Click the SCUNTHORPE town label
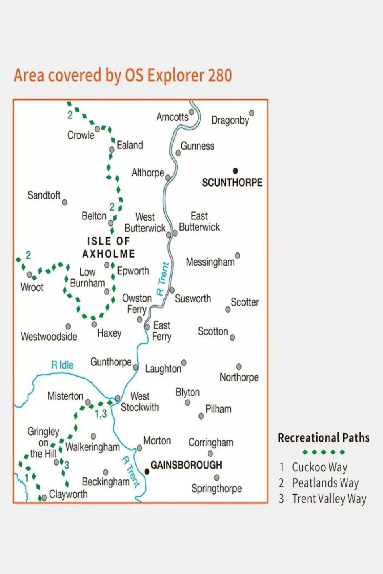[x=232, y=183]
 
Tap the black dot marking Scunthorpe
[x=235, y=171]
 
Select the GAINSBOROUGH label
[x=186, y=465]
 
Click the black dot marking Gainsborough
[x=147, y=471]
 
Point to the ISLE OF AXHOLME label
[x=109, y=247]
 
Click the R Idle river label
[x=62, y=365]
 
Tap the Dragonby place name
[x=230, y=120]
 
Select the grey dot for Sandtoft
[x=65, y=203]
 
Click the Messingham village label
[x=210, y=262]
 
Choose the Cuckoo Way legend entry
[x=319, y=467]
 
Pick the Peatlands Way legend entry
[x=325, y=483]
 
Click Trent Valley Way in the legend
[x=329, y=499]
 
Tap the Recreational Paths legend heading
[x=323, y=438]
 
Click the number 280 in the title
[x=220, y=75]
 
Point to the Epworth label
[x=133, y=271]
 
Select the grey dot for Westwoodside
[x=68, y=327]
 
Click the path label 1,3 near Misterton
[x=101, y=414]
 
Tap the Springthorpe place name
[x=216, y=489]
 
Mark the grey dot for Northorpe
[x=239, y=367]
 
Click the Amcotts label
[x=172, y=117]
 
